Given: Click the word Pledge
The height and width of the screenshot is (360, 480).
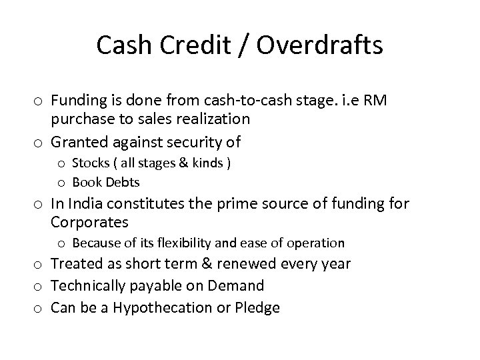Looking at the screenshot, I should coord(257,307).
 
